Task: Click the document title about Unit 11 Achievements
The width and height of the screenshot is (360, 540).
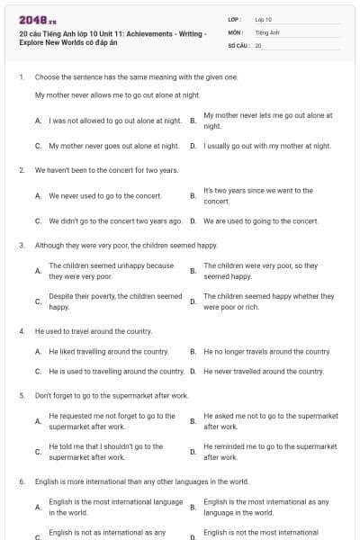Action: click(x=112, y=37)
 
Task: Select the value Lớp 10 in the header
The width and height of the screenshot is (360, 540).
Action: click(x=264, y=19)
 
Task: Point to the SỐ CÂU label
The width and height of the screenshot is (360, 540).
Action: click(x=238, y=44)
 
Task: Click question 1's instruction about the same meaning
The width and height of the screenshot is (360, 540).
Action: click(x=137, y=77)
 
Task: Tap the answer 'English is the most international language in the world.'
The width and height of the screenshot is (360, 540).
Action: click(x=115, y=507)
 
